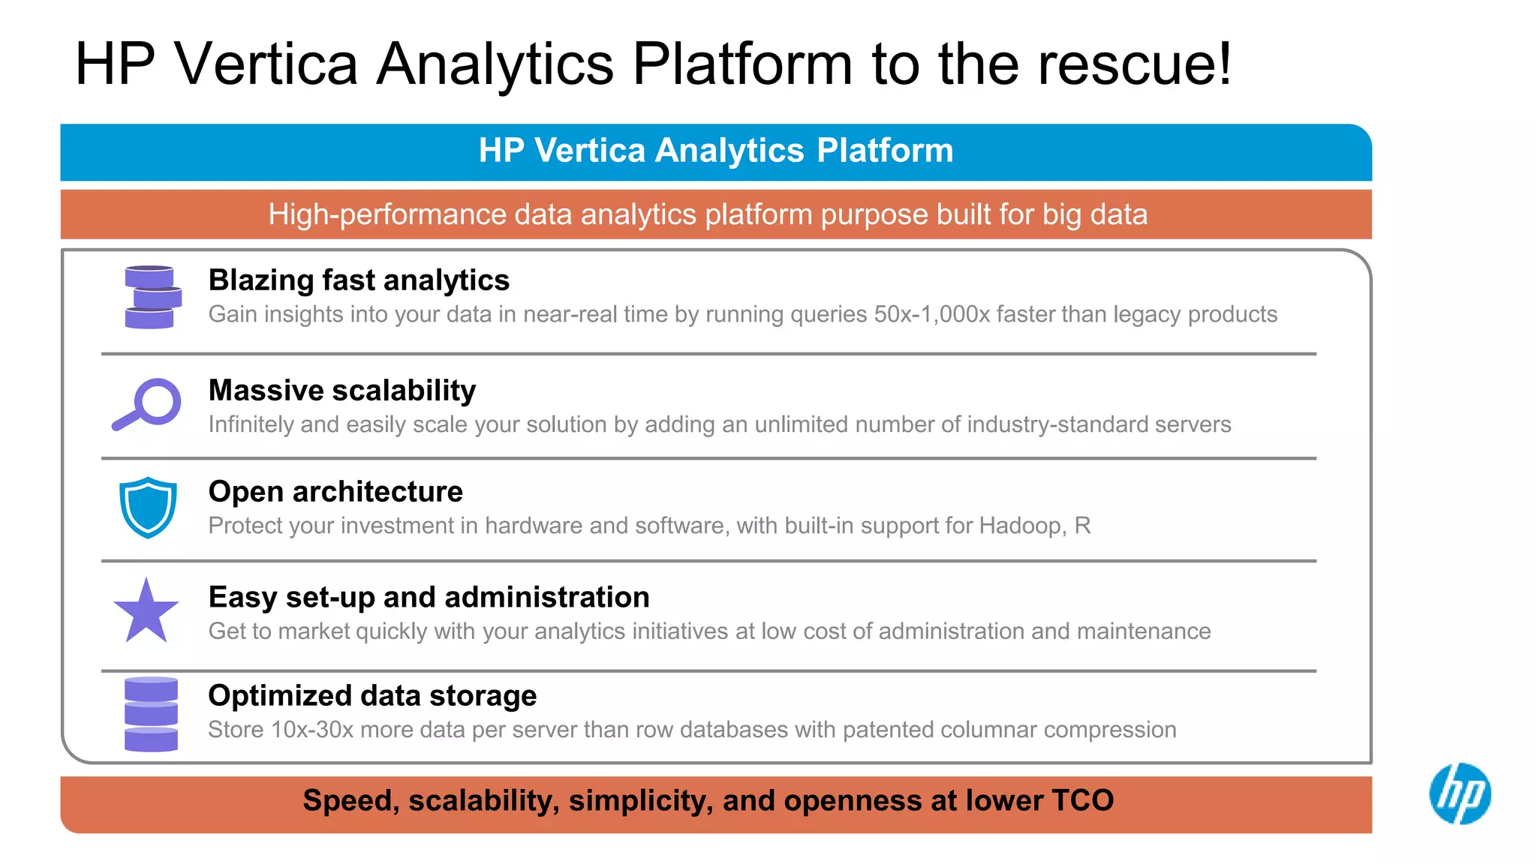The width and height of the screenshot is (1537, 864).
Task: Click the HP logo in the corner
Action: tap(1460, 793)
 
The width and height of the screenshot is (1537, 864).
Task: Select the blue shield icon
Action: tap(149, 508)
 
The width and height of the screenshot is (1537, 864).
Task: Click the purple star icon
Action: tap(146, 612)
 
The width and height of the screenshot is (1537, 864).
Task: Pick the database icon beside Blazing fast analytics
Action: tap(152, 297)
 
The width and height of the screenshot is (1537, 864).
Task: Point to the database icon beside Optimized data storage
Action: tap(151, 714)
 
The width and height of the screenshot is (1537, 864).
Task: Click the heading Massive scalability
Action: tap(342, 391)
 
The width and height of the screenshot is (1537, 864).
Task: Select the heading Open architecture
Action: tap(335, 492)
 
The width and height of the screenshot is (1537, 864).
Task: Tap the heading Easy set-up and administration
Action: tap(429, 598)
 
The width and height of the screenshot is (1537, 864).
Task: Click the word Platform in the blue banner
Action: tap(885, 151)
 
